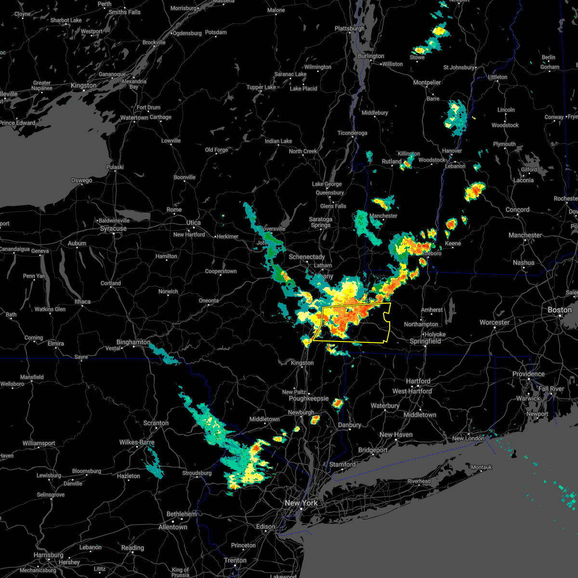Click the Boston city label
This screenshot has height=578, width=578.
559,309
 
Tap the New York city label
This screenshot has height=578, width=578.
301,503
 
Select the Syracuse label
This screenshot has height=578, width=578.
113,228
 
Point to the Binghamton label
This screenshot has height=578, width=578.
133,342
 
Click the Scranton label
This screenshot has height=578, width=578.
156,423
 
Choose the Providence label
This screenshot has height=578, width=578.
528,374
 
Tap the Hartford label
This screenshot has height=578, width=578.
418,381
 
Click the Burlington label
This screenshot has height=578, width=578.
371,56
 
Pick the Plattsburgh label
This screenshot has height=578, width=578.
350,28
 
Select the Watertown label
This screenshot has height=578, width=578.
134,118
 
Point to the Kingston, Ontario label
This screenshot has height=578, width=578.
83,85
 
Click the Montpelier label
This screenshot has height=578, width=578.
427,82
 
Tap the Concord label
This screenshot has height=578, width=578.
518,210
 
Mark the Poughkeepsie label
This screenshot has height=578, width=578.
309,398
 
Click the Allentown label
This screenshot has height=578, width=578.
173,527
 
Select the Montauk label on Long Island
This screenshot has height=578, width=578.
481,467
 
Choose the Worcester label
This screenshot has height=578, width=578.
495,322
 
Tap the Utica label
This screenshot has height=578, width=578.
194,223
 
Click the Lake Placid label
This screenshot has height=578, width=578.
303,89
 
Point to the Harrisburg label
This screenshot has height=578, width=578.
49,555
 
